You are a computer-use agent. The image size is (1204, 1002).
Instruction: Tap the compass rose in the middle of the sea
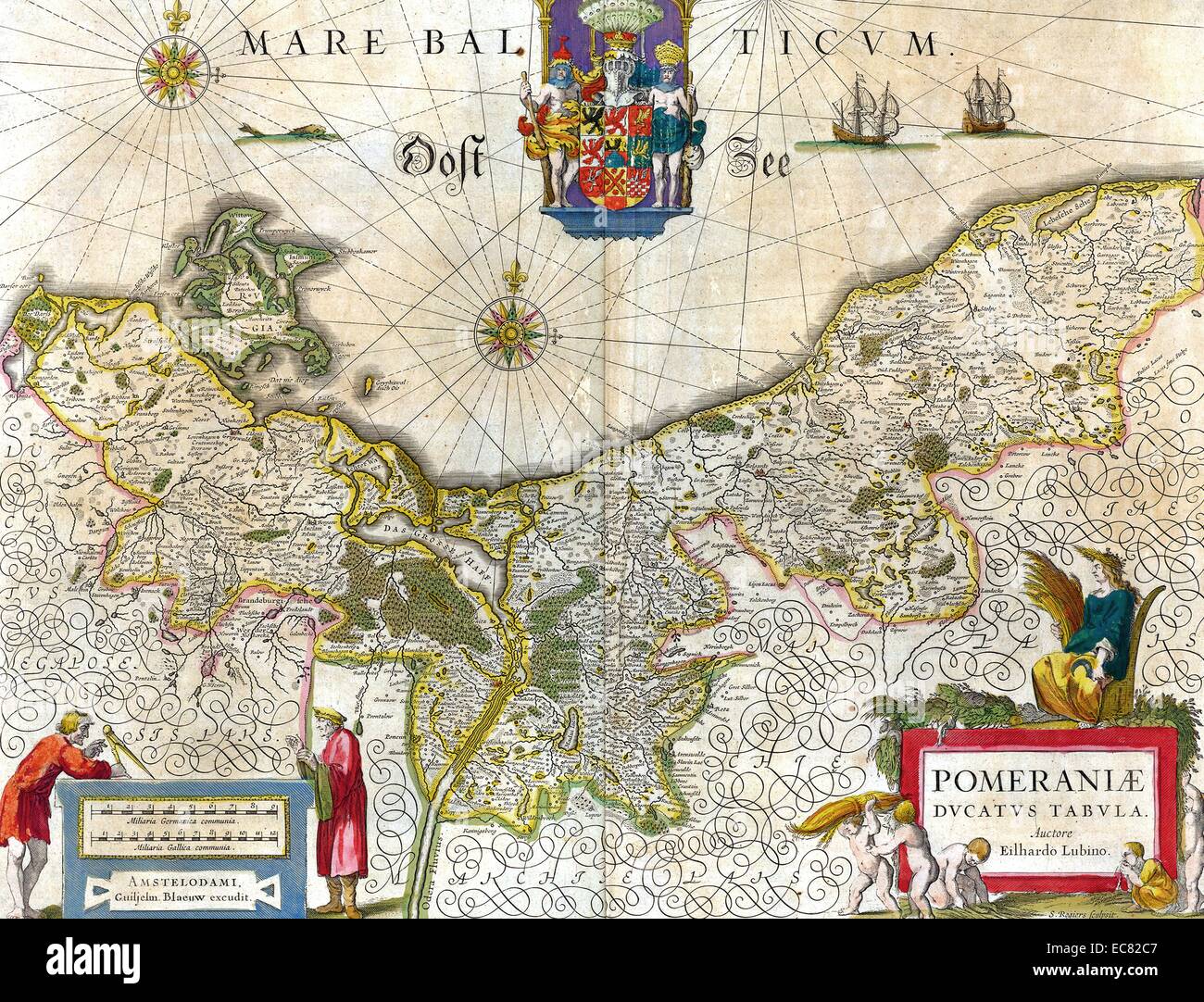(509, 325)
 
